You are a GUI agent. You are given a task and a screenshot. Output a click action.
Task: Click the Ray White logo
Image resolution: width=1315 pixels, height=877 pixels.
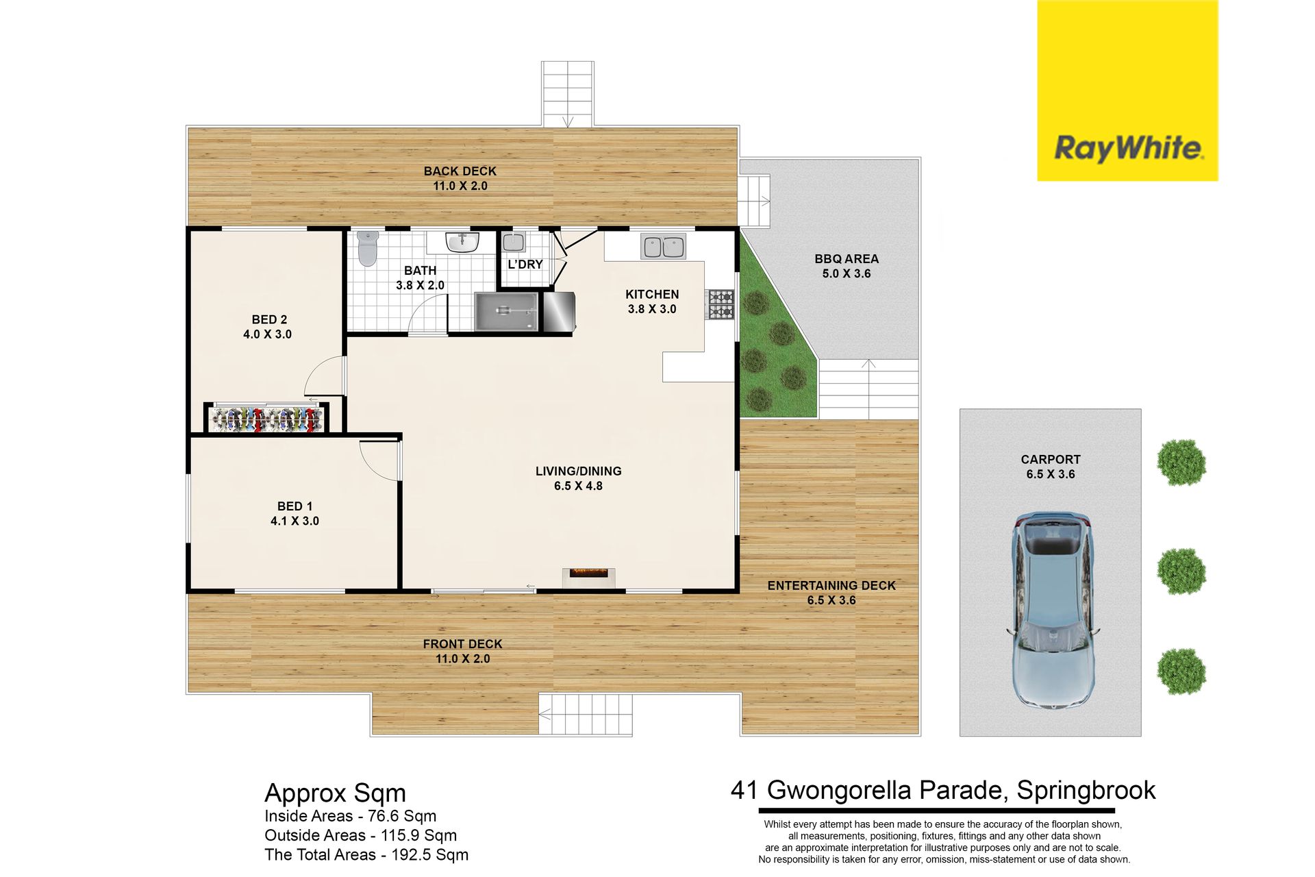pos(1127,90)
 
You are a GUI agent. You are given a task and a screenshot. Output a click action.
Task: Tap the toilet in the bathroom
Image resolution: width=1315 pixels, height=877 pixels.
pos(368,248)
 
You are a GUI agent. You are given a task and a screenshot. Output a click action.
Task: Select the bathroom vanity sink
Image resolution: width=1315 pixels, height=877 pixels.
pos(462,242)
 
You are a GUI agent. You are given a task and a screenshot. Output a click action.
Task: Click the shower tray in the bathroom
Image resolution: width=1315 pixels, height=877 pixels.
pos(507,312)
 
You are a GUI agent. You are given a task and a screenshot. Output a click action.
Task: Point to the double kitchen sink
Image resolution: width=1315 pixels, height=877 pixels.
pos(663,247)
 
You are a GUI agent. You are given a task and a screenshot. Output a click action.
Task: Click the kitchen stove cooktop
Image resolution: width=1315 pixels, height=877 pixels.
pos(721,304)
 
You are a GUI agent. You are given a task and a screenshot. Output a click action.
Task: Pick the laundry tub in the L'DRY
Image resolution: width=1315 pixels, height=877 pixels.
pos(514,242)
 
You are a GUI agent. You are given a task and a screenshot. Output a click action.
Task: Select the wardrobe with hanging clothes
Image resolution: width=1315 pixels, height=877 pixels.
pos(267,419)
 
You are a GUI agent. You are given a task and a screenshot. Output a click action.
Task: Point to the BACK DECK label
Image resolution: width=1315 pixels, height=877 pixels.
pos(460,171)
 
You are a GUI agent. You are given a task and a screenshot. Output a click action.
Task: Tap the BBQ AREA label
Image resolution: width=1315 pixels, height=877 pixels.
pos(847,259)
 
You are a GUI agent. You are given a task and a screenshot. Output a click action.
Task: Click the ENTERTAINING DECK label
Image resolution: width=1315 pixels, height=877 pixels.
pos(831,586)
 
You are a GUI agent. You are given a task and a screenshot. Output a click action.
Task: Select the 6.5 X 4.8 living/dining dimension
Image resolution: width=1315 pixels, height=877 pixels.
pos(579,486)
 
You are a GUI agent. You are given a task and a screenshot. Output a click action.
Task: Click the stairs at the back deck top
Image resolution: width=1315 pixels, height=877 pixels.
pos(568,94)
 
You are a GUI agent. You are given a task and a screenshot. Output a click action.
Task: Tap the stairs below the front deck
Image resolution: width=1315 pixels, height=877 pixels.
pos(586,715)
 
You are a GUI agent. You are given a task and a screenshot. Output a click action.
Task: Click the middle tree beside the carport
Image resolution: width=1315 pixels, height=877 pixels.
pos(1181,571)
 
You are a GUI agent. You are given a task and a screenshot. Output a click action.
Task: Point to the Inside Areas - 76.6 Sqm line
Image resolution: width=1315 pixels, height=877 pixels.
pos(350,816)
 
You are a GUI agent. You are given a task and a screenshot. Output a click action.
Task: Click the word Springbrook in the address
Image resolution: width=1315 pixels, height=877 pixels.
pos(1086,791)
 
